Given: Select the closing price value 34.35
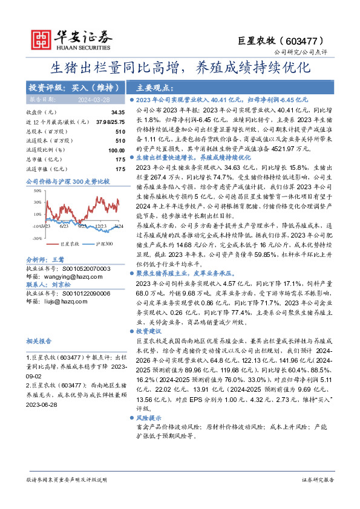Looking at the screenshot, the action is click(x=117, y=112).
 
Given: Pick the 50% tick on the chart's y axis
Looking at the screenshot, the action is click(x=38, y=190).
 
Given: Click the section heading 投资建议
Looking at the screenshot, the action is click(x=148, y=332).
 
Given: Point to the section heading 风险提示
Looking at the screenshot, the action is click(x=148, y=418).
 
